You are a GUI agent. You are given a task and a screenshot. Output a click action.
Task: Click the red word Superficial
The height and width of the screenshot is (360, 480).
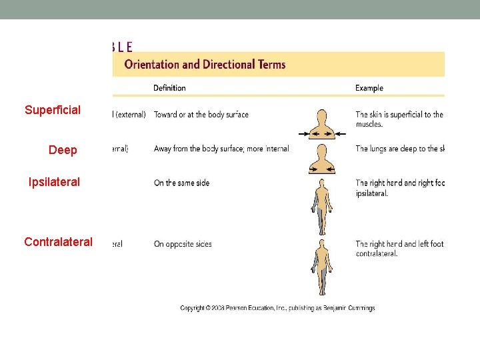click(53, 110)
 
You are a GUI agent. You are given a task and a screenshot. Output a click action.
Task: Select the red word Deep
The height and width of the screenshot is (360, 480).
click(63, 150)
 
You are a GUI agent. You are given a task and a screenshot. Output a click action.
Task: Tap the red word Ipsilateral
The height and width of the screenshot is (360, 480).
click(54, 182)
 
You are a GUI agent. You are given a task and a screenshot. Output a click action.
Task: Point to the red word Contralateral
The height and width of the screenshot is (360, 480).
click(58, 242)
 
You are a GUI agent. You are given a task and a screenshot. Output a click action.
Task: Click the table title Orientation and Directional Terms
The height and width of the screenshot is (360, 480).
click(205, 65)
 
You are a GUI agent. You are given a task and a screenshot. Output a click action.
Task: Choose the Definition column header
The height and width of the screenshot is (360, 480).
click(169, 88)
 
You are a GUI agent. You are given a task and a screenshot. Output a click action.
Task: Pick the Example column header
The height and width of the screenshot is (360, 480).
click(369, 88)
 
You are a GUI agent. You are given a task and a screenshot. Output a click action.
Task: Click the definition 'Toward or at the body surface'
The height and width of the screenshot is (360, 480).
click(201, 115)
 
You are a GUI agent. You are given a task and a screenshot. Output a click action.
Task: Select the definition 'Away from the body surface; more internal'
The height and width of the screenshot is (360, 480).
click(221, 149)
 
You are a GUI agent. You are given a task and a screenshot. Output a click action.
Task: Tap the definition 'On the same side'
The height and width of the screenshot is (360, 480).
click(181, 183)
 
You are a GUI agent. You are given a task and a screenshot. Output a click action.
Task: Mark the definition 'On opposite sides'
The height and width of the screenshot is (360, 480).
click(183, 244)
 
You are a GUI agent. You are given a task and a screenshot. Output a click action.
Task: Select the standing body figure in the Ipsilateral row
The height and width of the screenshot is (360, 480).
click(322, 207)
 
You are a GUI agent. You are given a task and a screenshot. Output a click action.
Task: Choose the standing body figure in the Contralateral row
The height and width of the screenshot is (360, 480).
click(322, 267)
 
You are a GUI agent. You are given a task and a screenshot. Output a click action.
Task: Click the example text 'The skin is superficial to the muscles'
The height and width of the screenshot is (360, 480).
click(399, 119)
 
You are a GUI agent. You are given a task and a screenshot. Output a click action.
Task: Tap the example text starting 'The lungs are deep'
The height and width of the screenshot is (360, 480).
click(399, 149)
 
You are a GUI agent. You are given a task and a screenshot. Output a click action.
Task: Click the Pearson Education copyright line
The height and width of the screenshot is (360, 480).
click(277, 308)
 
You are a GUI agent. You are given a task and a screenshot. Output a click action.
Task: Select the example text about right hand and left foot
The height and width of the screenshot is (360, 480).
click(399, 248)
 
